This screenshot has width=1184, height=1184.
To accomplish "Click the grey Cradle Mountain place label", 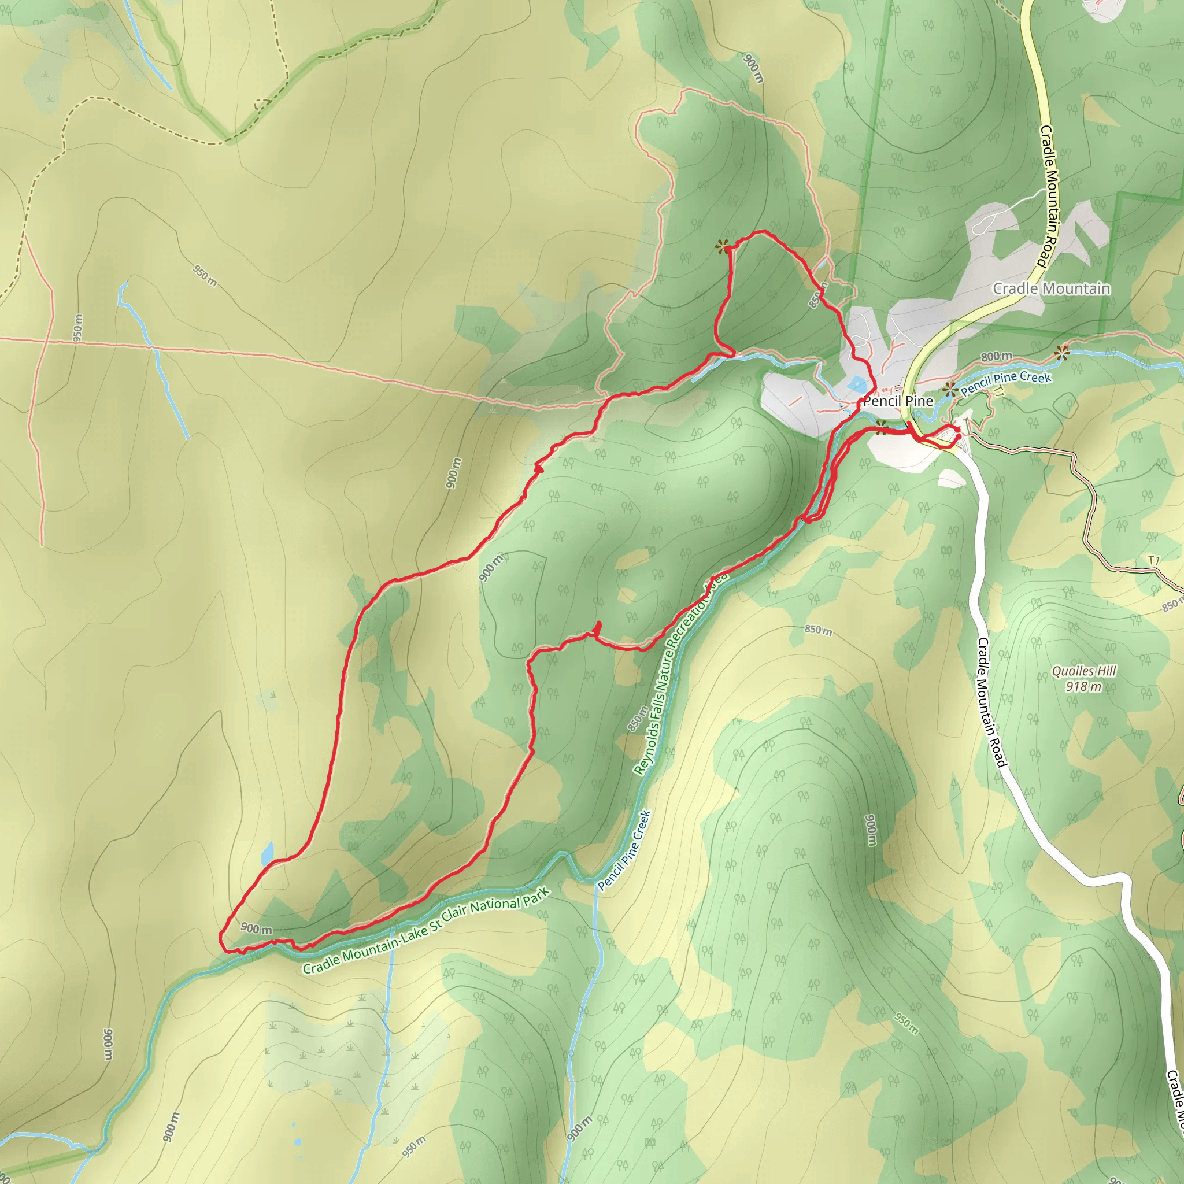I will [1051, 288].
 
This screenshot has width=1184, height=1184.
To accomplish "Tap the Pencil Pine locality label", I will [898, 401].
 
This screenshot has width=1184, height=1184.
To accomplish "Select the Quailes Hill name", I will [1084, 671].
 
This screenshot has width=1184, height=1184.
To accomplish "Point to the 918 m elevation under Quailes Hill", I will [1083, 686].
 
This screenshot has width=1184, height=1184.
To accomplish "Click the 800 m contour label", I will [996, 356].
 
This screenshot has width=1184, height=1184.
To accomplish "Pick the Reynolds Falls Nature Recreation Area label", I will [680, 674].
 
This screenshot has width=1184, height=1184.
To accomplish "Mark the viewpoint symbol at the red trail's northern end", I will [723, 247].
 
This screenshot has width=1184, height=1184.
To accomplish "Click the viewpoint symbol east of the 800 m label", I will [1062, 353].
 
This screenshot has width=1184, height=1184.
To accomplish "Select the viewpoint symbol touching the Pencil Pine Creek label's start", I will [950, 388].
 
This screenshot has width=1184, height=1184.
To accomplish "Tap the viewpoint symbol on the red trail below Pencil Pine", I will [881, 427].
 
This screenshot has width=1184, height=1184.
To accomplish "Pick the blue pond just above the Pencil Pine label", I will [856, 385].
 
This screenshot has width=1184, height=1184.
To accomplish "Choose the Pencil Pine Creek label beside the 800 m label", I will [1006, 383].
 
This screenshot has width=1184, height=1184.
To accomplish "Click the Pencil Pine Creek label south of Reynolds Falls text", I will [624, 850].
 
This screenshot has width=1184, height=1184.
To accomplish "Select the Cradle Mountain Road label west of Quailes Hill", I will [991, 702].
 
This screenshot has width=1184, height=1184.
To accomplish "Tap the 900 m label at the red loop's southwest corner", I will [256, 928].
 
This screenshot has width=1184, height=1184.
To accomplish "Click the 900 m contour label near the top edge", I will [754, 68].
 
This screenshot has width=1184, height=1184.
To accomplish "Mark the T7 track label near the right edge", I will [1154, 560].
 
